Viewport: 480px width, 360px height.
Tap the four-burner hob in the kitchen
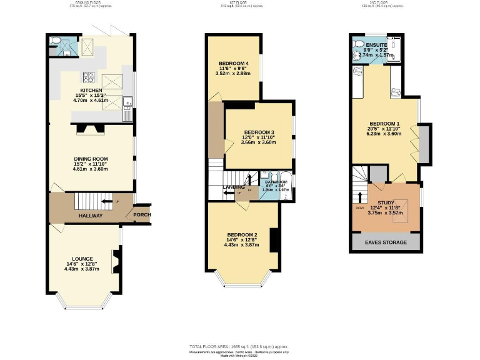pyautogui.click(x=89, y=78)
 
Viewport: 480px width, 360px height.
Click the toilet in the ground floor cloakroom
pyautogui.click(x=56, y=41)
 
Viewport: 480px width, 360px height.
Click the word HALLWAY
pyautogui.click(x=91, y=216)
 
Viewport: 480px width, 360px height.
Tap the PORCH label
pyautogui.click(x=142, y=216)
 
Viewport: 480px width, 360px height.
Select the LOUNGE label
pyautogui.click(x=82, y=259)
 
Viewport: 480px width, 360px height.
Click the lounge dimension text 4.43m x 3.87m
pyautogui.click(x=82, y=269)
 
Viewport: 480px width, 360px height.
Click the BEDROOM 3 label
pyautogui.click(x=259, y=132)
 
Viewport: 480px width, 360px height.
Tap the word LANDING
pyautogui.click(x=234, y=186)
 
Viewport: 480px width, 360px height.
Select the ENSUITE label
pyautogui.click(x=377, y=45)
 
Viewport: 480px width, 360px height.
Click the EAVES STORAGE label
pyautogui.click(x=386, y=242)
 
